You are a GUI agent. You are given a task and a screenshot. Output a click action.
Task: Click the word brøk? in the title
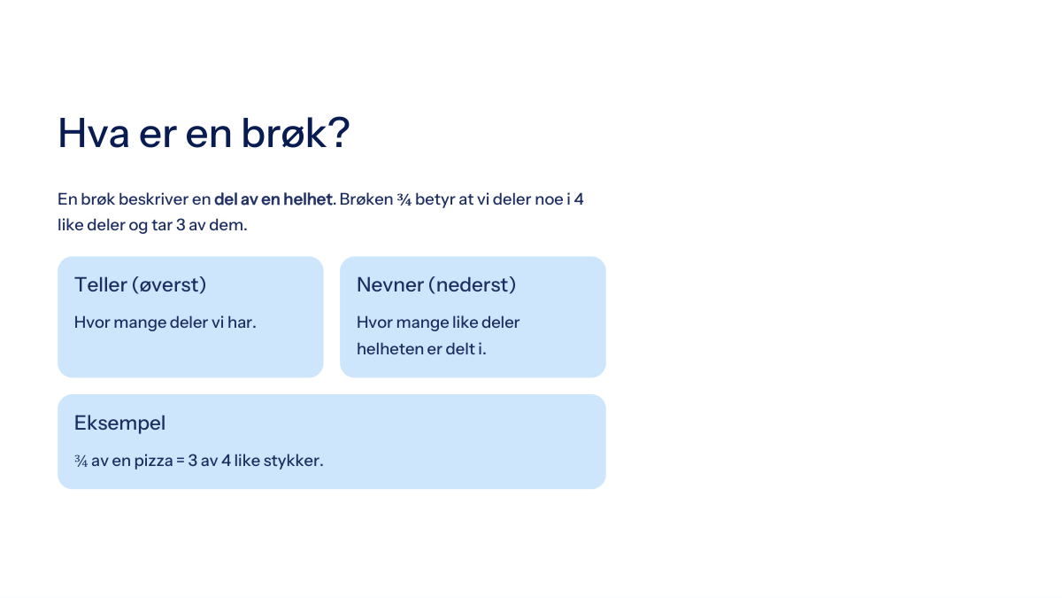[x=296, y=134]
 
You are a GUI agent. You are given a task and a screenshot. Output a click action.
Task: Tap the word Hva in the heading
[x=94, y=134]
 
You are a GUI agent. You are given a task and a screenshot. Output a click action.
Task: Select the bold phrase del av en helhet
[x=273, y=199]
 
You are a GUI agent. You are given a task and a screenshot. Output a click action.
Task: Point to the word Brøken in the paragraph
[x=366, y=199]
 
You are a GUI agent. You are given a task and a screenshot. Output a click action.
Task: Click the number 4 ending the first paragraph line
[x=579, y=199]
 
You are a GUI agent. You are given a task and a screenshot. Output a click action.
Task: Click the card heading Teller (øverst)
[x=141, y=284]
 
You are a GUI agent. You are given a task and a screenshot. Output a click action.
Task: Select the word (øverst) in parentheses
[x=169, y=284]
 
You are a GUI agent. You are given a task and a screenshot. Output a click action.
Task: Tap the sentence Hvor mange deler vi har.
[x=165, y=322]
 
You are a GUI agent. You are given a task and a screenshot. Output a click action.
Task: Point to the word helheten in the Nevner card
[x=389, y=349]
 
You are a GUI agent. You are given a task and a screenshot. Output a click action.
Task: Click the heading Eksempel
[x=120, y=423]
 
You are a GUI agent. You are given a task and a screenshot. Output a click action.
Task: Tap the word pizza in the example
[x=154, y=461]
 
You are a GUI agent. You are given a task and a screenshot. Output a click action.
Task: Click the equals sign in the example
[x=181, y=461]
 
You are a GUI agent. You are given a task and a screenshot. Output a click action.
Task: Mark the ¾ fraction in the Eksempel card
[x=81, y=461]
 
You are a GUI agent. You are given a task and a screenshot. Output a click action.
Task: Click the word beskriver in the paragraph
[x=153, y=199]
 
